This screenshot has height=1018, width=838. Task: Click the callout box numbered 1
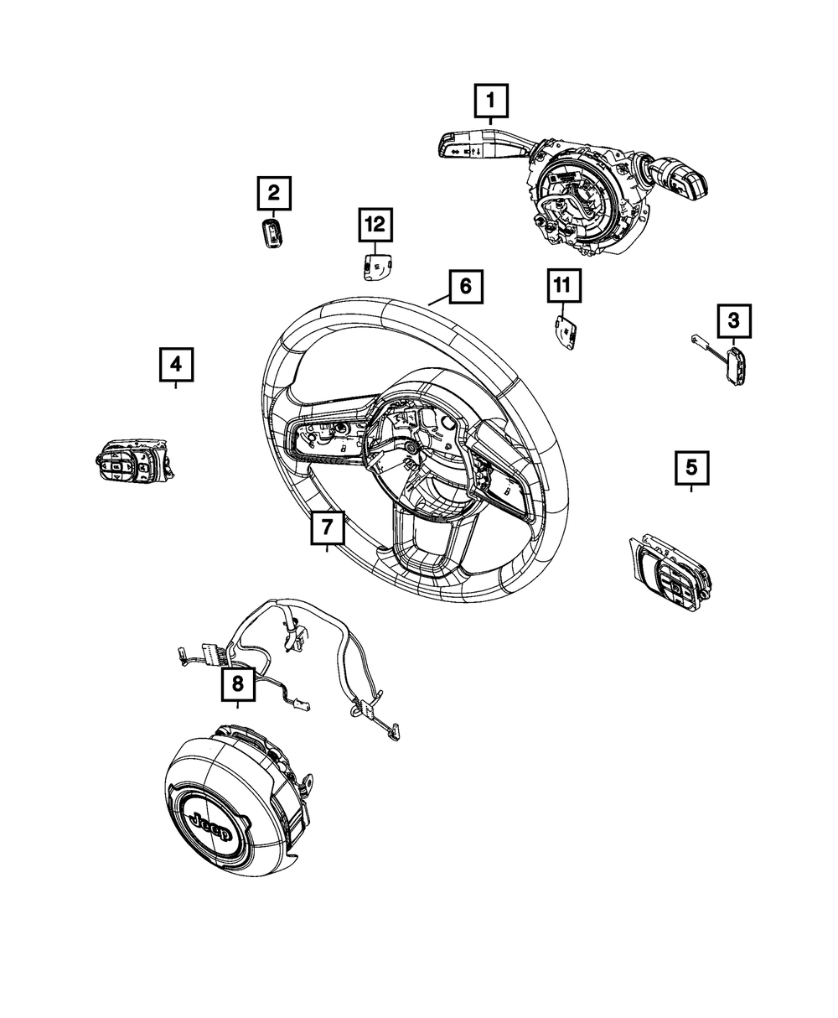pyautogui.click(x=491, y=103)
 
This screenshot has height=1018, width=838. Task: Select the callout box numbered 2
pyautogui.click(x=274, y=195)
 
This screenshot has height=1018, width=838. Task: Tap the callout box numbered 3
pyautogui.click(x=733, y=320)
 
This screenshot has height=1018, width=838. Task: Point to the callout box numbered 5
pyautogui.click(x=691, y=467)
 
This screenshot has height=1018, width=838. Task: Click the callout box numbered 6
pyautogui.click(x=465, y=288)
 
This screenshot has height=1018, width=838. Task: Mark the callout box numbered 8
pyautogui.click(x=238, y=685)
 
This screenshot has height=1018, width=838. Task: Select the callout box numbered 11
pyautogui.click(x=562, y=287)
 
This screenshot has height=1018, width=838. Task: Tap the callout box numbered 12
pyautogui.click(x=375, y=224)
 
